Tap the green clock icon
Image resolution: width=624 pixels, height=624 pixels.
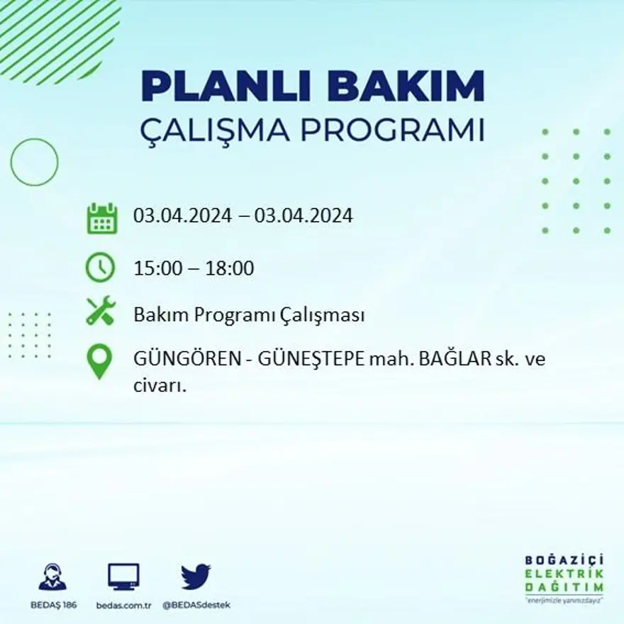(100, 267)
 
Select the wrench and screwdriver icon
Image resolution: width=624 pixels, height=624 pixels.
(100, 311)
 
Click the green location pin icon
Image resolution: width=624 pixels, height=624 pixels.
(99, 361)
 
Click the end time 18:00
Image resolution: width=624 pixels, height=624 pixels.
(230, 269)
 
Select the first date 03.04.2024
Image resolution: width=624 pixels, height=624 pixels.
(182, 216)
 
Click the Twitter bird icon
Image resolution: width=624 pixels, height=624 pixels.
(196, 576)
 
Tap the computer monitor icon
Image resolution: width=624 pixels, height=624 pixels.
(123, 576)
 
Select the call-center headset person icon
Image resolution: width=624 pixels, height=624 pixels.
(52, 576)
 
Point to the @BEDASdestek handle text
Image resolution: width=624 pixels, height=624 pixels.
(196, 605)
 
